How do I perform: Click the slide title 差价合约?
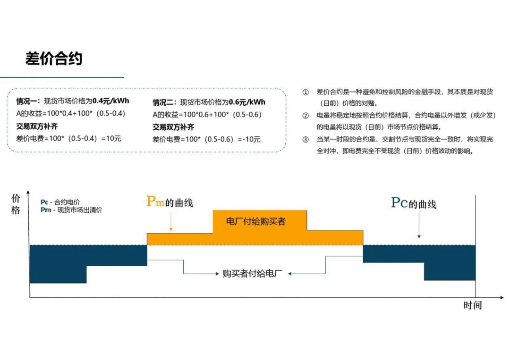54,59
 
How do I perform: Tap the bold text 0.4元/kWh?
110,100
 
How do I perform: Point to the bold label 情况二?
164,102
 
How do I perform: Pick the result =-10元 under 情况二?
249,139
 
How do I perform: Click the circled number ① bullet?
306,92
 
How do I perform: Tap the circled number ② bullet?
306,115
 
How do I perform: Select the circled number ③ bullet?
306,140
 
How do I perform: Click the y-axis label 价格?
16,204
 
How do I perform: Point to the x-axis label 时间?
472,305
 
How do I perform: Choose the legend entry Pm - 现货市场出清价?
71,210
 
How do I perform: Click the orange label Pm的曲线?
170,202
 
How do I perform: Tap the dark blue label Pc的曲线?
414,203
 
